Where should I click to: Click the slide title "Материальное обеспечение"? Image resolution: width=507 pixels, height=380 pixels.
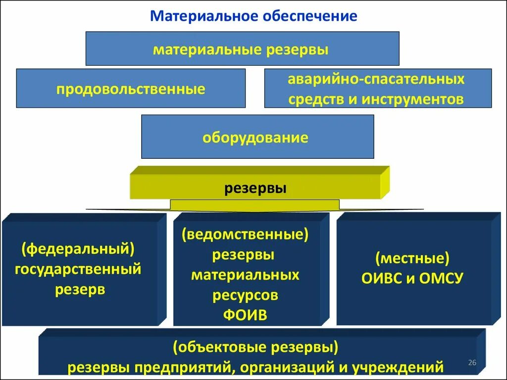coord(253,16)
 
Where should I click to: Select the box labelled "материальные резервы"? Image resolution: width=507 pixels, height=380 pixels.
coord(242,49)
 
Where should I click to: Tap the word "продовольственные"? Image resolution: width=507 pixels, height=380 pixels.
coord(130,90)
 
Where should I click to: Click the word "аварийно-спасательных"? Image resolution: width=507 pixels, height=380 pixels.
coord(376,79)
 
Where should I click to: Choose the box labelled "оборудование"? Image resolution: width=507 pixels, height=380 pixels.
coord(257,137)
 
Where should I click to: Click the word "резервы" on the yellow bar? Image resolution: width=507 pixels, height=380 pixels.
coord(255,189)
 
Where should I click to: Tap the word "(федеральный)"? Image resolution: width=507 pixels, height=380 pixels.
coord(78,249)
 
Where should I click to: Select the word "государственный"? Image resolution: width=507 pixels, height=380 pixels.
coord(78,269)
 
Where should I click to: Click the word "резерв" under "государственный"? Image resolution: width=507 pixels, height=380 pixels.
coord(80,289)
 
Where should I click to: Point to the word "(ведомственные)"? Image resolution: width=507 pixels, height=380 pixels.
coord(245,235)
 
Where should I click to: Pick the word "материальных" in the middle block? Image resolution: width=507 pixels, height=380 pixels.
coord(245,275)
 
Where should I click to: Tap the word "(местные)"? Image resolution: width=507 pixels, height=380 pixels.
coord(412,258)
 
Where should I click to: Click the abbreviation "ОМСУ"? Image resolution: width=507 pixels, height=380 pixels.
coord(442,279)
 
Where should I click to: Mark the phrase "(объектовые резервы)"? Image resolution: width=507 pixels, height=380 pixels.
coord(255,347)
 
